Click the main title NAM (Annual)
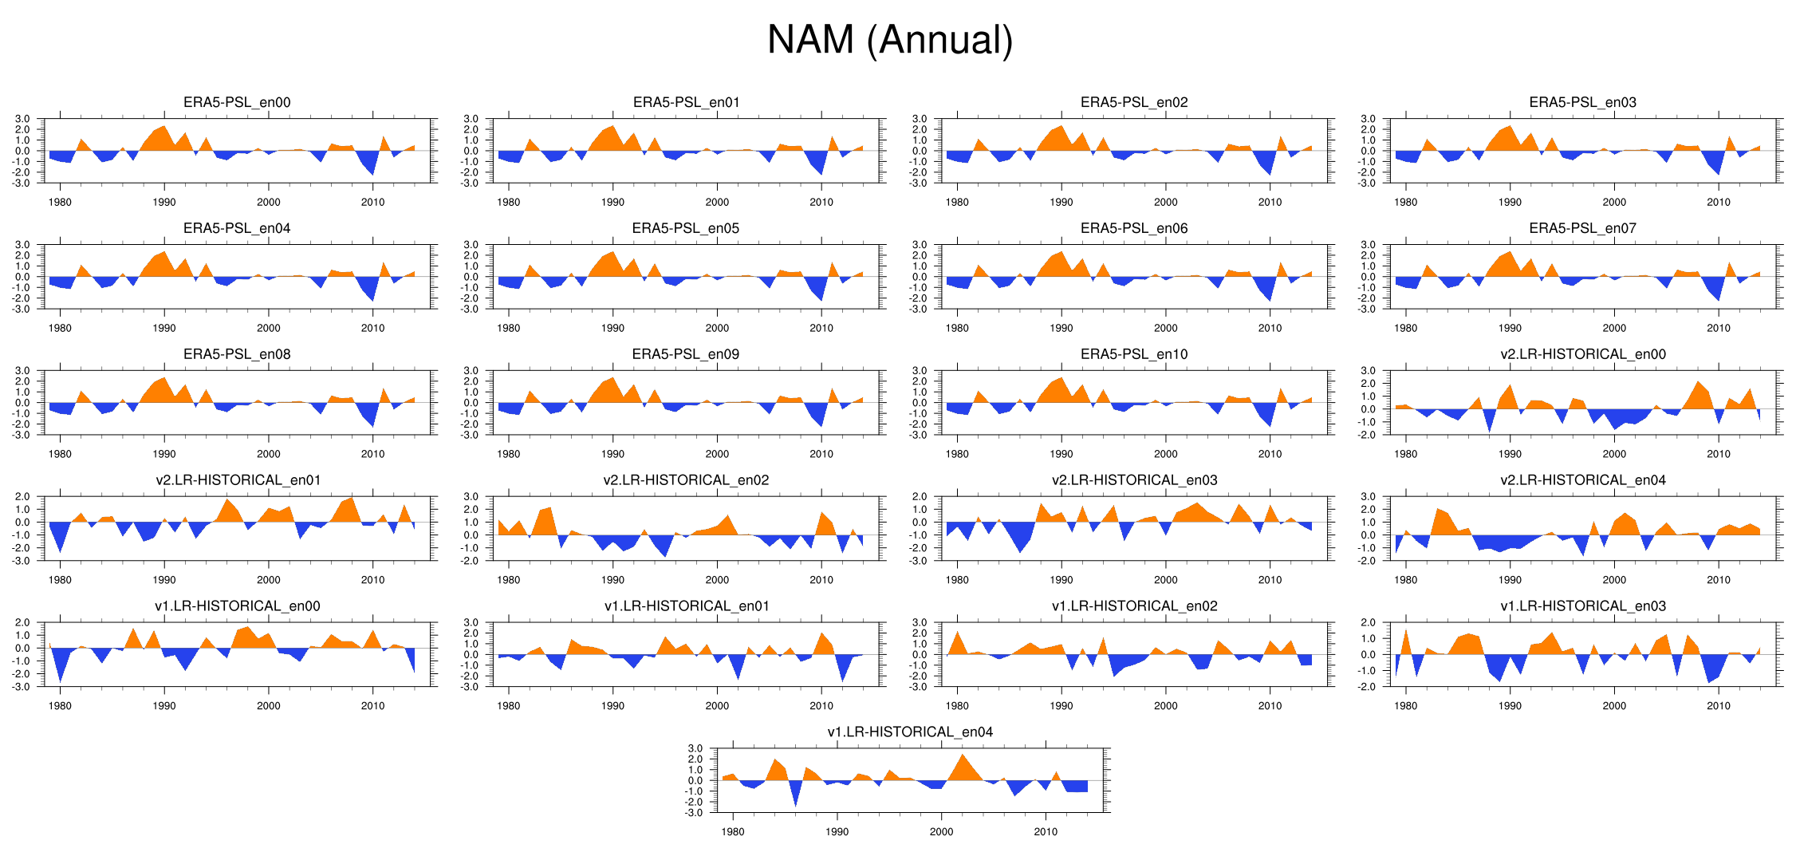click(889, 40)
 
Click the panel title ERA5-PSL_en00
click(237, 102)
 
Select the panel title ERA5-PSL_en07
click(1582, 228)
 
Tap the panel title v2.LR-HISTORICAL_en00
click(1582, 354)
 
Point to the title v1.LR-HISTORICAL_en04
click(910, 732)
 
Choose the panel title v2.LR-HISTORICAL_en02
click(686, 480)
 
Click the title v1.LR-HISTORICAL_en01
click(686, 606)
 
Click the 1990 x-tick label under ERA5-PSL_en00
click(164, 203)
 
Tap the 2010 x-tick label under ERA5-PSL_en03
click(1719, 203)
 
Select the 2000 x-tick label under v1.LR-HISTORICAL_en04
click(941, 832)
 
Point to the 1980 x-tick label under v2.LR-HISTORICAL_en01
click(60, 580)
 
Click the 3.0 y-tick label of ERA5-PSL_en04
click(23, 245)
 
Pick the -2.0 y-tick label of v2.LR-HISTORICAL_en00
click(1368, 435)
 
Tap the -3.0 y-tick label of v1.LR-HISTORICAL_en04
click(695, 813)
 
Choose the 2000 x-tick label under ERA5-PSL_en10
click(1165, 454)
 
